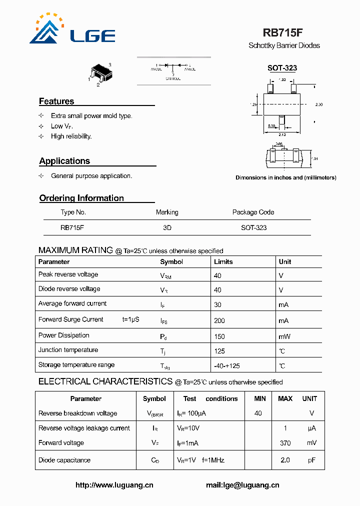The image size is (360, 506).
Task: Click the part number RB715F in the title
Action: point(282,33)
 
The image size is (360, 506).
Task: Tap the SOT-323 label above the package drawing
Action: point(282,68)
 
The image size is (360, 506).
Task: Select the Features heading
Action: point(56,101)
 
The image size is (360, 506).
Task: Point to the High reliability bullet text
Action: point(71,136)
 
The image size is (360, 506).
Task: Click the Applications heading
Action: point(64,161)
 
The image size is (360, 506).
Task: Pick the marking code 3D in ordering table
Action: point(167,227)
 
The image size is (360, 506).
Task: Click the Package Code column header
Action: point(253,212)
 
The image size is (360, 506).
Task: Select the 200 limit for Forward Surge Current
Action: point(219,320)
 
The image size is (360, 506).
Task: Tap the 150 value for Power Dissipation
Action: point(219,336)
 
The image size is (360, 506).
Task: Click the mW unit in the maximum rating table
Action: point(284,336)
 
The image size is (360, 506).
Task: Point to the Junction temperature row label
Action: point(68,350)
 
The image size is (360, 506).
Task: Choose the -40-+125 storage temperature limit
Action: point(227,366)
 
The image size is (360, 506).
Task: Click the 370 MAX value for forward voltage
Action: point(285,443)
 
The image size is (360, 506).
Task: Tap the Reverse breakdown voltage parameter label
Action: point(77,413)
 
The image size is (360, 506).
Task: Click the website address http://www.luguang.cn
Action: point(114,485)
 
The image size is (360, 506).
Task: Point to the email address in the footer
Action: point(242,485)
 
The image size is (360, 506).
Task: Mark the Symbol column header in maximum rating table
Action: point(171,261)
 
